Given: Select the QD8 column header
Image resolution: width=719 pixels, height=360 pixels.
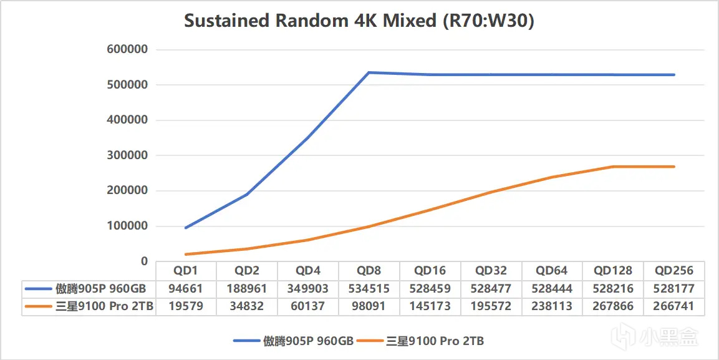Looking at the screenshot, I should pyautogui.click(x=369, y=271).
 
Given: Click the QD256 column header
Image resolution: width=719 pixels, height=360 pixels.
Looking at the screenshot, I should pyautogui.click(x=675, y=271).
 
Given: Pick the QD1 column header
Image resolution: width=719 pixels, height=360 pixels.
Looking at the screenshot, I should pyautogui.click(x=186, y=271).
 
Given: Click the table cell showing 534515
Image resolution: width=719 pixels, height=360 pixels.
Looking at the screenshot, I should pyautogui.click(x=369, y=289).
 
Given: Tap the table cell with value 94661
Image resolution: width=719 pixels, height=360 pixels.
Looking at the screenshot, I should pyautogui.click(x=186, y=289).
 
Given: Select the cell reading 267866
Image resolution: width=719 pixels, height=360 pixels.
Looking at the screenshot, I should pyautogui.click(x=613, y=306).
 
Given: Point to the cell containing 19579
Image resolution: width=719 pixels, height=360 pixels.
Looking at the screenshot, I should pyautogui.click(x=186, y=306).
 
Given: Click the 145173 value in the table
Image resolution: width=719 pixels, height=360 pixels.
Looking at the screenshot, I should pyautogui.click(x=430, y=306).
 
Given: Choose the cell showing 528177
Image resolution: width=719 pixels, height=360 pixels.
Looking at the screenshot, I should pyautogui.click(x=675, y=289).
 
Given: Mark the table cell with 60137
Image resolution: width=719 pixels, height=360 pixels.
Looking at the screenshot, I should pyautogui.click(x=308, y=306).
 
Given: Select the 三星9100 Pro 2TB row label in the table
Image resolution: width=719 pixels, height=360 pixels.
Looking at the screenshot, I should pyautogui.click(x=104, y=306).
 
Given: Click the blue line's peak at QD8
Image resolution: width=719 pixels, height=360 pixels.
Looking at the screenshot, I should pyautogui.click(x=369, y=73).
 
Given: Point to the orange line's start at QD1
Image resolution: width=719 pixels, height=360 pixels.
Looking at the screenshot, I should pyautogui.click(x=186, y=254).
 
